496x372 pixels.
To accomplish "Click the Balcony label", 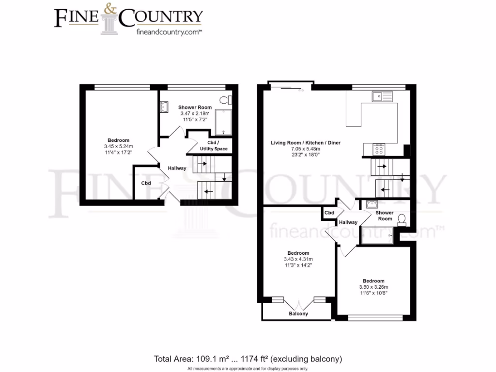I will click(298, 314).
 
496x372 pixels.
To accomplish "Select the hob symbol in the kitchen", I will click(378, 150).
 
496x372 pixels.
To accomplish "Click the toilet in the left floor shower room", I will click(226, 100).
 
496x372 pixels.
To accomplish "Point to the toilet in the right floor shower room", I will click(401, 220).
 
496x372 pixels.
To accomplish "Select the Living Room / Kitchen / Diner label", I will click(306, 143).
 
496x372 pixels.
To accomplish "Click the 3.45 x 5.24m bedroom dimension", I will click(118, 146).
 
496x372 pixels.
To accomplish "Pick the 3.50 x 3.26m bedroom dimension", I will click(373, 287).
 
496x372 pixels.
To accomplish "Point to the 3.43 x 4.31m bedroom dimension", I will click(298, 259).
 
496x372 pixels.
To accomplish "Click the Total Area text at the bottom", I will click(248, 359).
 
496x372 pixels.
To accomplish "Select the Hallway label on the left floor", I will click(177, 168).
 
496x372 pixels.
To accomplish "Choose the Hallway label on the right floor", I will click(348, 222).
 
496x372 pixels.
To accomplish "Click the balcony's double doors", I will click(298, 304).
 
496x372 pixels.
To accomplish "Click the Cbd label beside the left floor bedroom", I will click(146, 184).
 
